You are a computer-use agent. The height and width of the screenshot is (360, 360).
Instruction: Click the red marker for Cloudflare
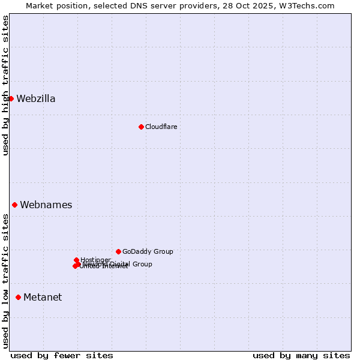[x=141, y=127]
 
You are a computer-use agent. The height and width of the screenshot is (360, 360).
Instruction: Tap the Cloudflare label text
[x=161, y=127]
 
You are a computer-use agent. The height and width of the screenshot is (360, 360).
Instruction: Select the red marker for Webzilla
[x=11, y=98]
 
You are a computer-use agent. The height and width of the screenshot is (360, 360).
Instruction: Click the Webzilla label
[x=36, y=99]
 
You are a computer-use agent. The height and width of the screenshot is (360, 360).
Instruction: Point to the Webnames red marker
[x=14, y=205]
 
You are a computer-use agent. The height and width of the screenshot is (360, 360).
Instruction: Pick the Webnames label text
[x=46, y=205]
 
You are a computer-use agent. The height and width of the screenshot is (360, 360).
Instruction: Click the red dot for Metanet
[x=18, y=297]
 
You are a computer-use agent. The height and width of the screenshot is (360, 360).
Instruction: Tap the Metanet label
[x=43, y=298]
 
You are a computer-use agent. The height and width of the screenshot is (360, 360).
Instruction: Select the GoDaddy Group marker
[x=118, y=251]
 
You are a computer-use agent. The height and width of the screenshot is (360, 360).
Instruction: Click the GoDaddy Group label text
[x=148, y=251]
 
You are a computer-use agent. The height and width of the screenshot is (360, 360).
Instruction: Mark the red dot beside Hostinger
[x=76, y=260]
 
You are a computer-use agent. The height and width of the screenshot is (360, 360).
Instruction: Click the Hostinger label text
[x=96, y=260]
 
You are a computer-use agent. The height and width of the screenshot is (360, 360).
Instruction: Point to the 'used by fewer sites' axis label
[x=62, y=355]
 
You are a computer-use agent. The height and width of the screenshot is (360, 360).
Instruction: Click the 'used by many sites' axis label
[x=301, y=355]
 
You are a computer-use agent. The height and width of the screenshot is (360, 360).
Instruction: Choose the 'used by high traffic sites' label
[x=5, y=85]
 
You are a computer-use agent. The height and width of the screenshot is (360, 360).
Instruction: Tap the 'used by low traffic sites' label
[x=5, y=281]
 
